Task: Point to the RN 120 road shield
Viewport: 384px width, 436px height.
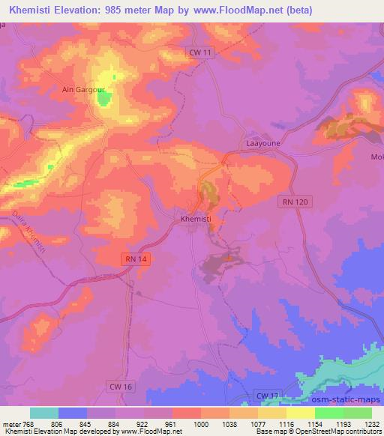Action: [295, 202]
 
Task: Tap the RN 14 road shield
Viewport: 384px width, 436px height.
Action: [132, 258]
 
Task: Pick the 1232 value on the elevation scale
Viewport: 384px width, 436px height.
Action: [370, 423]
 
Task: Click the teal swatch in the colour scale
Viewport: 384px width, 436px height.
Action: [44, 413]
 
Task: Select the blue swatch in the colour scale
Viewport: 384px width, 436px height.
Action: [73, 413]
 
